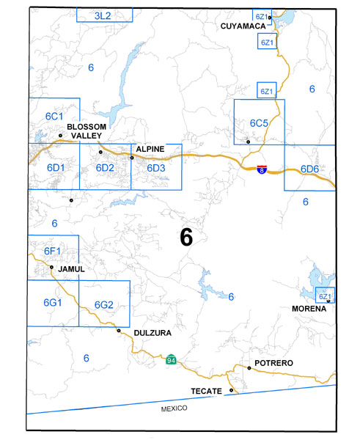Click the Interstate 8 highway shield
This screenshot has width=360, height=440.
[262, 169]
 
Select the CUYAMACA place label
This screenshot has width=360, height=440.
[243, 26]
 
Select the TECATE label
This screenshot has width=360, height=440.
[206, 391]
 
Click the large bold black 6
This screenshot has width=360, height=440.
[185, 237]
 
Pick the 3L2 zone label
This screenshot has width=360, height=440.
[105, 15]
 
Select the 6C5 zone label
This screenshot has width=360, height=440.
[259, 122]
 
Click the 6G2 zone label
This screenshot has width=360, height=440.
[103, 305]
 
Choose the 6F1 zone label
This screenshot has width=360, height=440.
[51, 252]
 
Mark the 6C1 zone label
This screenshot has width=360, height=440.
[54, 117]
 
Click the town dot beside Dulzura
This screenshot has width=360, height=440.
[119, 330]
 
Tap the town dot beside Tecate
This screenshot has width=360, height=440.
[232, 390]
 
